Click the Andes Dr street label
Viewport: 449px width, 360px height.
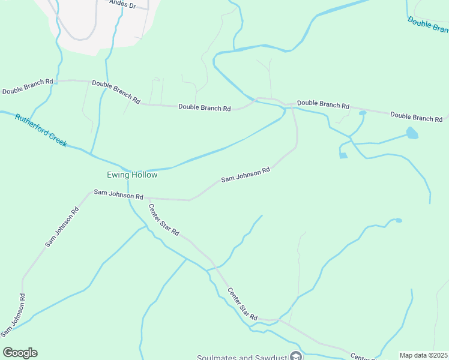click(123, 4)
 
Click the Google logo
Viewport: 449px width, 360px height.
click(20, 353)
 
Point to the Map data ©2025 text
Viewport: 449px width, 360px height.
click(423, 355)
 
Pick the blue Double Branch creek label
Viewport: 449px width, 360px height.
click(428, 25)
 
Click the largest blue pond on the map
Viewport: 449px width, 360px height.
click(412, 133)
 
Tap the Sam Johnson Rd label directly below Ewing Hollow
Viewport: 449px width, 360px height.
click(118, 196)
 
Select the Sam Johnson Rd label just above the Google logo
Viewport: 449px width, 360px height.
click(13, 314)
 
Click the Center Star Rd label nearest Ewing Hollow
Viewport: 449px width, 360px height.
click(164, 220)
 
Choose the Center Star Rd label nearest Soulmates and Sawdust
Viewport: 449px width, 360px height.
click(242, 304)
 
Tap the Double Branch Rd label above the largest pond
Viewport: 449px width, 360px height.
click(416, 116)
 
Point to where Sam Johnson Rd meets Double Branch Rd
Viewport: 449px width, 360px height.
click(292, 107)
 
